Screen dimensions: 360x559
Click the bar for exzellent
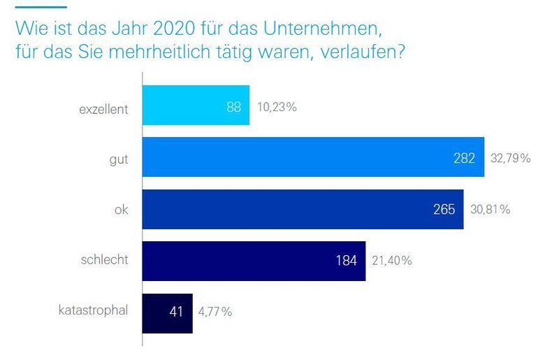[x=196, y=106]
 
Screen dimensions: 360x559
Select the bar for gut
[x=313, y=158]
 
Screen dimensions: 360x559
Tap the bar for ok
[x=303, y=209]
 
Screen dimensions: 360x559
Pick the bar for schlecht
[x=254, y=261]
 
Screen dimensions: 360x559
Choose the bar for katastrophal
[x=167, y=312]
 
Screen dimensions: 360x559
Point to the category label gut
[x=118, y=159]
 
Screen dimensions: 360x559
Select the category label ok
[x=121, y=210]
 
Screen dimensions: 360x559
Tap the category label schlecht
[x=106, y=261]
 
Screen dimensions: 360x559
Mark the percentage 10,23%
[x=277, y=107]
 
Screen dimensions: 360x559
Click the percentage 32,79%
[x=511, y=159]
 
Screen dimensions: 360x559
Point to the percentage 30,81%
[x=490, y=210]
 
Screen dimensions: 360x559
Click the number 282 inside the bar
[x=464, y=159]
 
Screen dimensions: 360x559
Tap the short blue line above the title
[x=41, y=7]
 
